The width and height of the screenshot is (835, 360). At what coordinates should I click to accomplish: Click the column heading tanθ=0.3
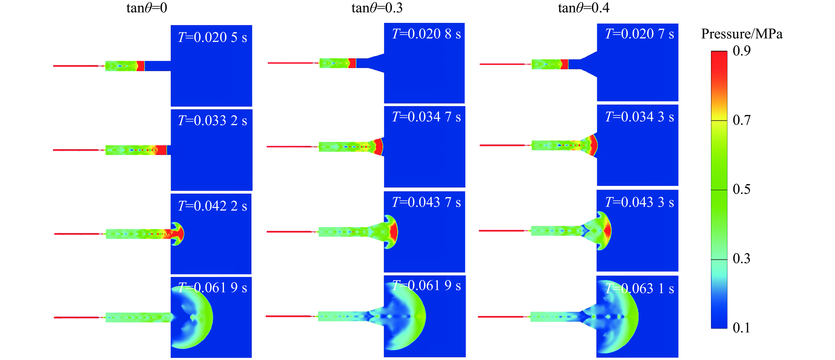377,8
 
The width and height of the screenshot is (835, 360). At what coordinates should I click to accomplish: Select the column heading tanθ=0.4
583,8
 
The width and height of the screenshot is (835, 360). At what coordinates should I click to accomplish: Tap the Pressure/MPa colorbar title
742,34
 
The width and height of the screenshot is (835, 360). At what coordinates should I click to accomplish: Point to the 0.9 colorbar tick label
742,51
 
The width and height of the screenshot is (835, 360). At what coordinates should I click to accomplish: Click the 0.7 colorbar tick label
742,120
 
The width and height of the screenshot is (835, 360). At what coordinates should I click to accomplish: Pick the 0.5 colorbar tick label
742,189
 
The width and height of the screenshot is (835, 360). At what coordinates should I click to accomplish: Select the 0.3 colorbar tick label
742,259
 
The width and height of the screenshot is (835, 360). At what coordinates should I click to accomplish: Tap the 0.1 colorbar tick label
742,328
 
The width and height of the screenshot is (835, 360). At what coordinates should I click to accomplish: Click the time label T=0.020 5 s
212,37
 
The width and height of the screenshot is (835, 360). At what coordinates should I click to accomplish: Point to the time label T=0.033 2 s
212,121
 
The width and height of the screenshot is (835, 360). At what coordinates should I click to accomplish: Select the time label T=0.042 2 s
212,206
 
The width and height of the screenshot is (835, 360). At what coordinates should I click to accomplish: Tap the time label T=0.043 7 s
426,202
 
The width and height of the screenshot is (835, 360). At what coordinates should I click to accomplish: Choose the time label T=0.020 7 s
640,34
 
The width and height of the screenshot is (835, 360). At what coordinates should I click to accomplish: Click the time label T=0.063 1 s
640,288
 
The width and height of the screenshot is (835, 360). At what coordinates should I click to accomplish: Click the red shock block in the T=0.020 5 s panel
140,66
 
